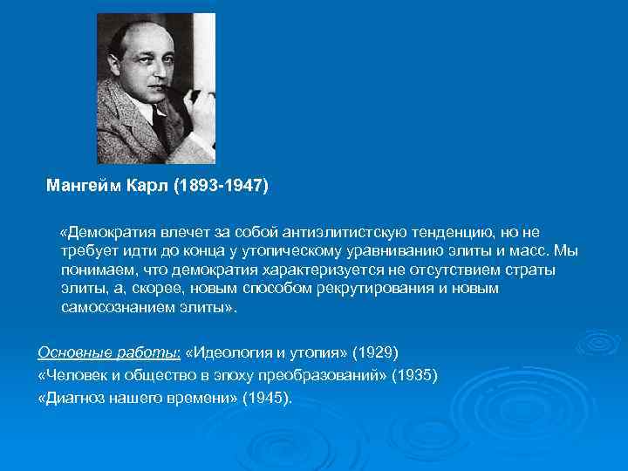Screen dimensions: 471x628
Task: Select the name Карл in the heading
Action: [151, 186]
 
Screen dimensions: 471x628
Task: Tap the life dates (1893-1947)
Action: [222, 186]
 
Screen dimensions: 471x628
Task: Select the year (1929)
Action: [375, 352]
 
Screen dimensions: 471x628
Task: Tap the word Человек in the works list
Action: [72, 375]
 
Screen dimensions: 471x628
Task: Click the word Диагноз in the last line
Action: [73, 398]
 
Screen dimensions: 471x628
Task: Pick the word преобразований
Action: [331, 375]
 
